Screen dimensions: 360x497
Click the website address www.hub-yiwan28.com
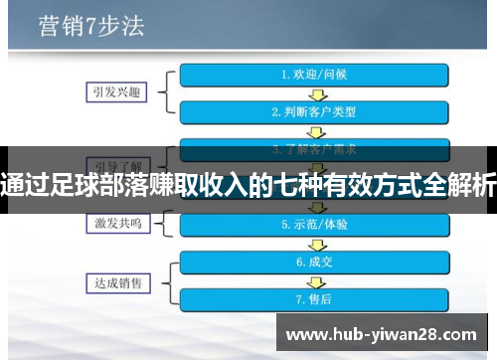pos(382,333)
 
